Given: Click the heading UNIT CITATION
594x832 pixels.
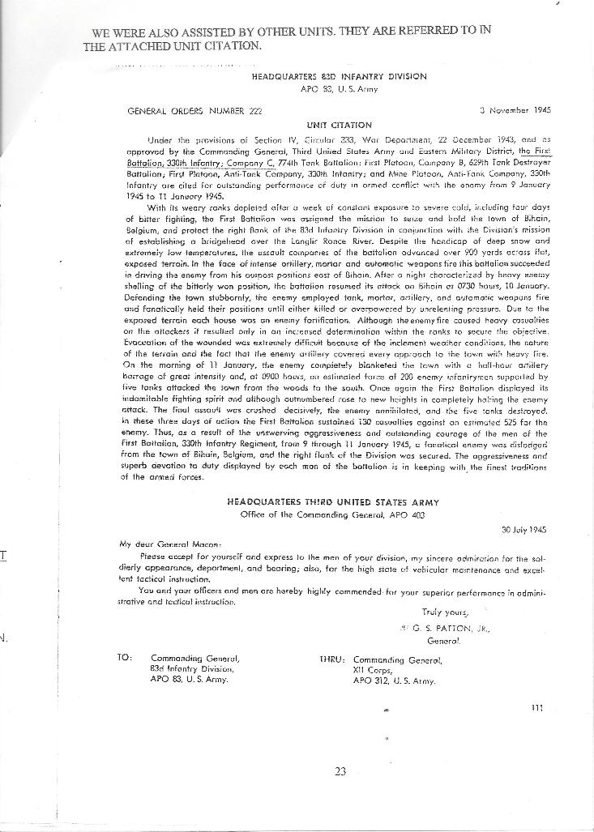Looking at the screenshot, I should click(x=339, y=126).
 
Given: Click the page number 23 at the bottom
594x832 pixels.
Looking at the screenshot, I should click(x=340, y=771).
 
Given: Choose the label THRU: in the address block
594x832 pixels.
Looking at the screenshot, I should click(x=334, y=660).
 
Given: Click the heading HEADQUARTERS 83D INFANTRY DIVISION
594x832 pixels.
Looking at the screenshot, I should click(x=339, y=76).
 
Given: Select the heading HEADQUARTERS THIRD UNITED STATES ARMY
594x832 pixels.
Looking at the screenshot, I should click(x=339, y=502).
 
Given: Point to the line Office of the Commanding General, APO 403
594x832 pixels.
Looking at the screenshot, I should click(x=339, y=514).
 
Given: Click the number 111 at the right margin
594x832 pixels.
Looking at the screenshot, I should click(x=536, y=708).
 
